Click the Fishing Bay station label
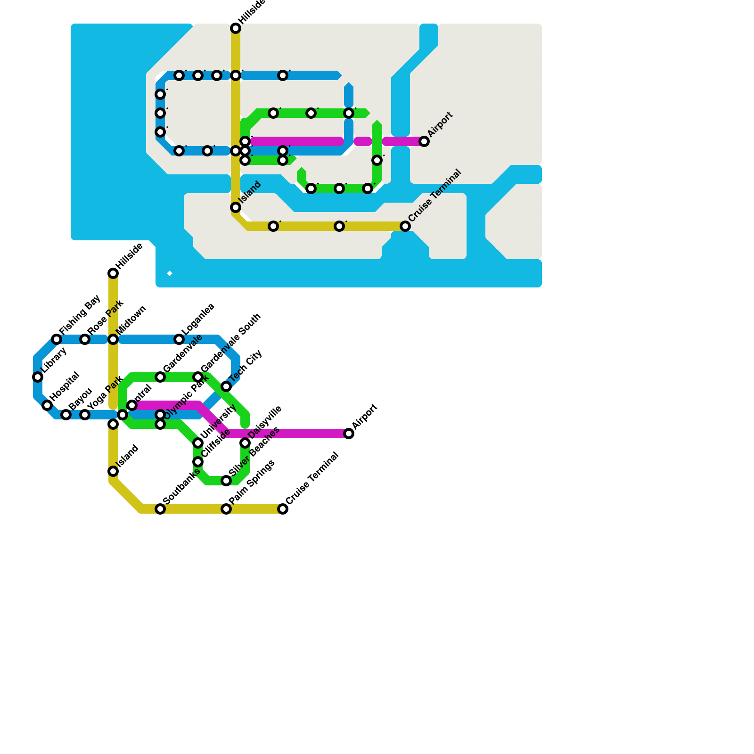tap(80, 314)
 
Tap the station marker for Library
tap(38, 377)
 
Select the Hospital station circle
tap(47, 405)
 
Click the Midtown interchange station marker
tap(113, 339)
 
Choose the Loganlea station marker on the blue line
tap(179, 339)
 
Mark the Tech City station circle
tap(226, 386)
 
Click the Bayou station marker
tap(66, 415)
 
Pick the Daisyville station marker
tap(245, 443)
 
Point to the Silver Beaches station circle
tap(226, 481)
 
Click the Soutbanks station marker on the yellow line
tap(160, 509)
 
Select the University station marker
tap(198, 443)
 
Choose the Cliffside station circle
tap(198, 462)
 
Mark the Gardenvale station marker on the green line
tap(160, 377)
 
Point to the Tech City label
tap(246, 366)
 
